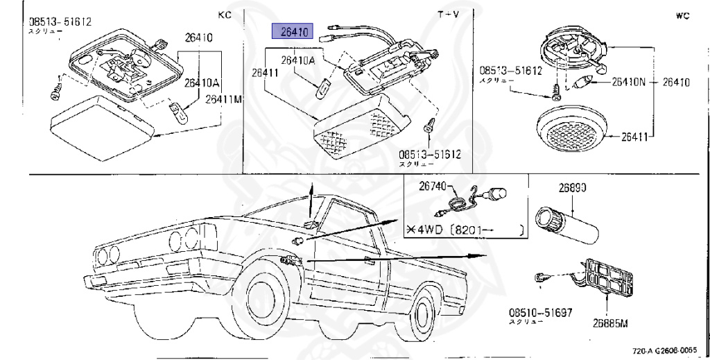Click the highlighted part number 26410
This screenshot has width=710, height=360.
coord(293,31)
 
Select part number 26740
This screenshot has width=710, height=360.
coord(435,185)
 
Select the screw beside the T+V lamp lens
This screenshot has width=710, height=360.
coord(430,126)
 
